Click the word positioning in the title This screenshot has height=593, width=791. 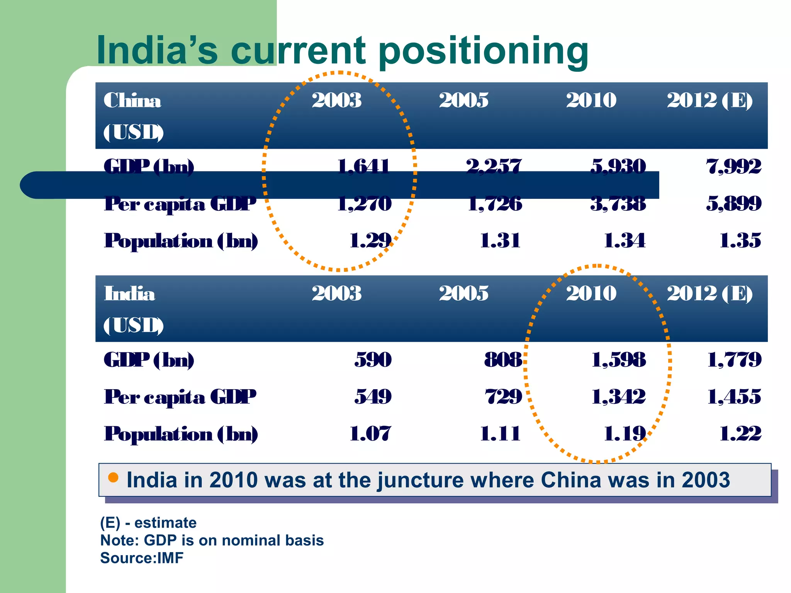(x=483, y=51)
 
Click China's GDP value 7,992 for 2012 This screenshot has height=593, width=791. (x=733, y=167)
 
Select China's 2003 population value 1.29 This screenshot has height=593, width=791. (x=370, y=241)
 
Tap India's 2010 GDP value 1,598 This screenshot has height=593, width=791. (x=618, y=360)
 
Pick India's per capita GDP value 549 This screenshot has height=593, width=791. (x=373, y=396)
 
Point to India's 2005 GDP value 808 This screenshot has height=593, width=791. (x=503, y=360)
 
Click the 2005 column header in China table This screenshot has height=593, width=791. (x=463, y=100)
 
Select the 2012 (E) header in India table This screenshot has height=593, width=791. (x=710, y=293)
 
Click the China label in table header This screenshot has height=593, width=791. (x=132, y=101)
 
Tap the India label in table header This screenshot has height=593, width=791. (x=129, y=294)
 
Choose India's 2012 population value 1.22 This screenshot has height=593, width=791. (x=740, y=434)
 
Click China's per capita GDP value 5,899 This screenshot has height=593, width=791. (x=733, y=203)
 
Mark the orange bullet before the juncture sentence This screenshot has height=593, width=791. (x=113, y=478)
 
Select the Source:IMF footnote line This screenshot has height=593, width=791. (x=142, y=558)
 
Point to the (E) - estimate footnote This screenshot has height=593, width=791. (x=148, y=523)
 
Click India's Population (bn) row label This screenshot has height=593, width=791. (x=181, y=434)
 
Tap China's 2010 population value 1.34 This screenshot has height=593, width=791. (x=624, y=241)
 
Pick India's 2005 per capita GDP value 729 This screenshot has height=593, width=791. (x=503, y=396)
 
